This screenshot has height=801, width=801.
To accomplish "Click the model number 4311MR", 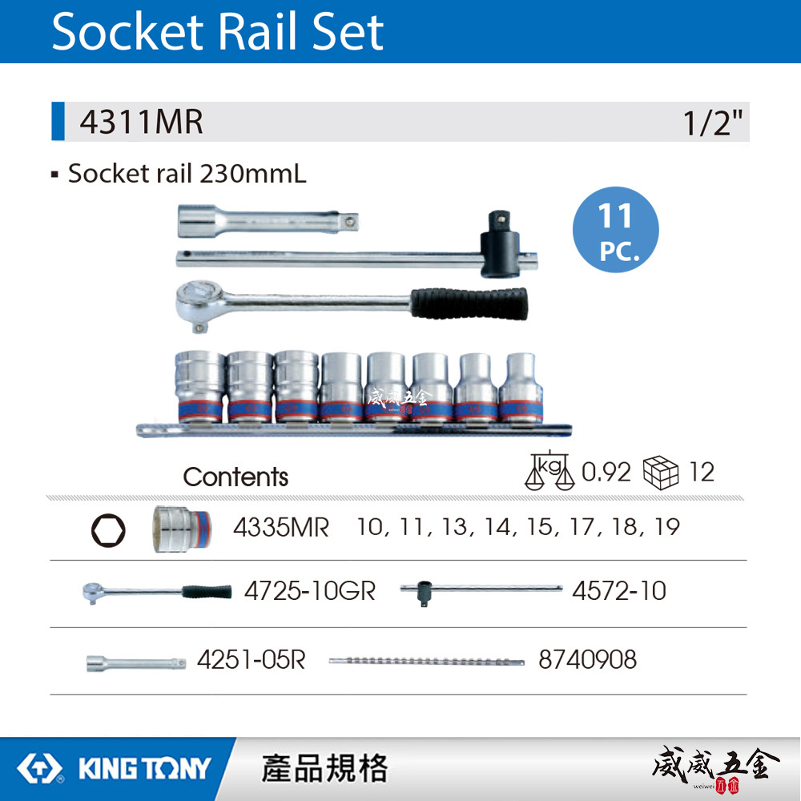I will coord(141,123).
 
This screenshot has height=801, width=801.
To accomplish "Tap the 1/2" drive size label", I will coord(713,123).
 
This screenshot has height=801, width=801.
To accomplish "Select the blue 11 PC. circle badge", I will coord(615,230).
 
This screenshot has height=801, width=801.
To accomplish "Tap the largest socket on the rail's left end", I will coord(199,385).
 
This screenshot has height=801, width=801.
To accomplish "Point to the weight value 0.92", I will coord(606,472).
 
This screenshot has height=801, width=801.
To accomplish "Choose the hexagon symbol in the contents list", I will coord(107,529).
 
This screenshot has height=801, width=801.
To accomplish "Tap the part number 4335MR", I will coord(280,529).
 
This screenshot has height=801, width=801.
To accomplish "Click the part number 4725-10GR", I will coord(309,591).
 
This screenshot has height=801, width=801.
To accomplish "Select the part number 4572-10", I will coord(618,591).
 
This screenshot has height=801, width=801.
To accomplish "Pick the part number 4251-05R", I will coord(251,659).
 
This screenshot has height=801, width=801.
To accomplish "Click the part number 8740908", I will coord(587,659).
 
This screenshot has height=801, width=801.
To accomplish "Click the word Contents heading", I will coord(235,477).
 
